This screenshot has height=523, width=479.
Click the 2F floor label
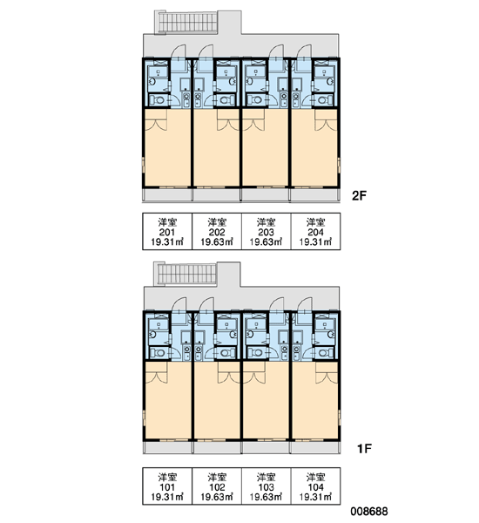[359, 195]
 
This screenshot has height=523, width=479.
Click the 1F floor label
[364, 449]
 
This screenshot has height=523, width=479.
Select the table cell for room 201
[167, 231]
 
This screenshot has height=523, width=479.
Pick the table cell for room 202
[217, 231]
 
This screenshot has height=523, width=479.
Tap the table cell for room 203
[266, 231]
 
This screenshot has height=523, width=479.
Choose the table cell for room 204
[315, 231]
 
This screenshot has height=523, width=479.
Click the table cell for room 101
[167, 486]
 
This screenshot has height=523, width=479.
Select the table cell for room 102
[217, 486]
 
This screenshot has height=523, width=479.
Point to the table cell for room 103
[266, 486]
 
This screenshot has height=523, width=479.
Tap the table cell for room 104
[315, 486]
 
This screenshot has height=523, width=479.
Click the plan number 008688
[369, 511]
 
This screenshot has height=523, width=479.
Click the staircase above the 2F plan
[186, 23]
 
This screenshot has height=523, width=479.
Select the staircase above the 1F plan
[186, 274]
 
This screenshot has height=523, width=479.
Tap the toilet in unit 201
[157, 100]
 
